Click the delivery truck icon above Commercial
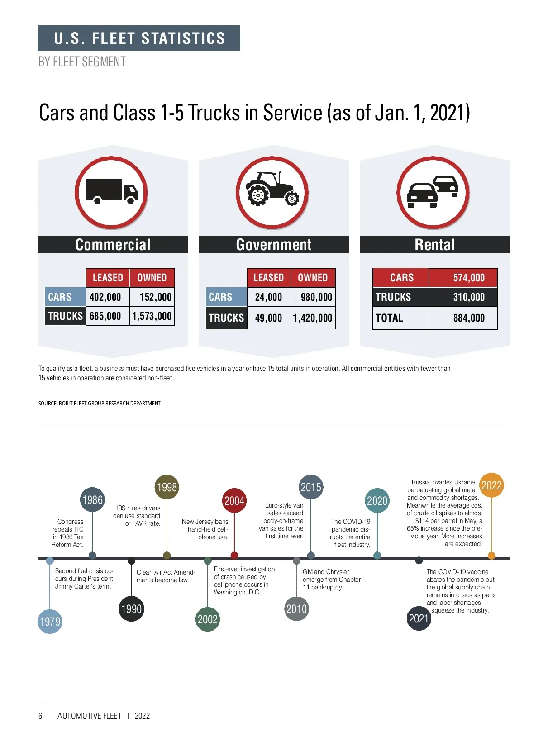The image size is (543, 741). (112, 192)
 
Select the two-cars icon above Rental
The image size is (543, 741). (433, 192)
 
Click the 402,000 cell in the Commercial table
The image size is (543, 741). (105, 297)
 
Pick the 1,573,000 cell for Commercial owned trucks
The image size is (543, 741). (152, 316)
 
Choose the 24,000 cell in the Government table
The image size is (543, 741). (268, 297)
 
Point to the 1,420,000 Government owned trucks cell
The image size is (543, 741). (313, 318)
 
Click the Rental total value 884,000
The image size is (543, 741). (469, 318)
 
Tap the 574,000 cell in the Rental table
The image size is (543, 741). (469, 278)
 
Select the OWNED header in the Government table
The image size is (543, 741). (313, 278)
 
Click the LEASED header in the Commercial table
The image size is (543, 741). (108, 278)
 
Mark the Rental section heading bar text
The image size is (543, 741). (435, 245)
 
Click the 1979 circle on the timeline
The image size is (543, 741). (50, 622)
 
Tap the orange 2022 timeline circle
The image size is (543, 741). (491, 485)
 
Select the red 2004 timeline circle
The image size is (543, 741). (234, 501)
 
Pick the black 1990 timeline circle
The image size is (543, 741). (131, 609)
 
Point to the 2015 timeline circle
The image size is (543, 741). (311, 487)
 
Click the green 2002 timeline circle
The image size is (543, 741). (208, 619)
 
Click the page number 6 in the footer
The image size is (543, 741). (40, 716)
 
